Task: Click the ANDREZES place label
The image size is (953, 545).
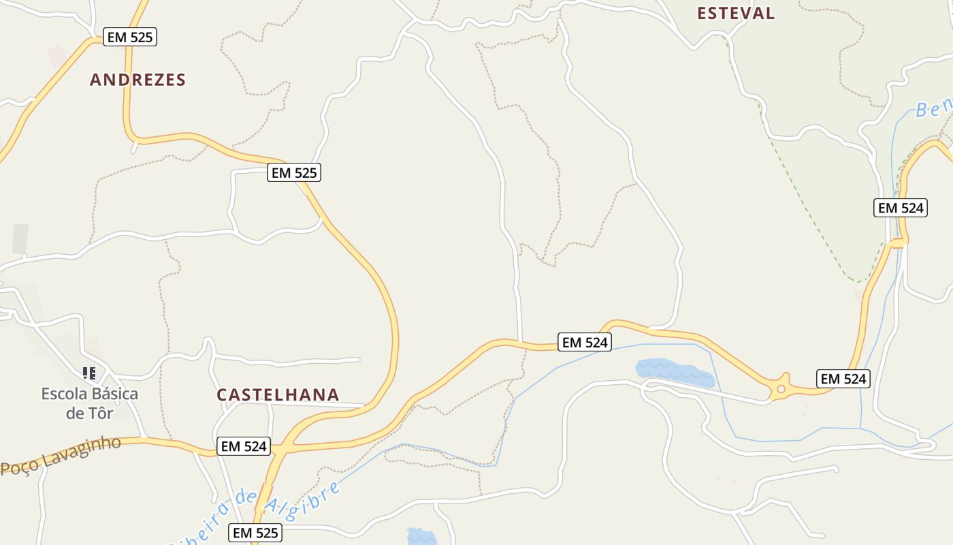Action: click(138, 80)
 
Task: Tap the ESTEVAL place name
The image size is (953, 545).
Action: click(736, 13)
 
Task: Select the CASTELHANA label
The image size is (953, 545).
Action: click(278, 395)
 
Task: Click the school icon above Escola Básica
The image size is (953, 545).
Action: click(89, 373)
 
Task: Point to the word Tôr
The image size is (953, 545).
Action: click(99, 414)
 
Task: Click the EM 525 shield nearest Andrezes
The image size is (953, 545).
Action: click(130, 37)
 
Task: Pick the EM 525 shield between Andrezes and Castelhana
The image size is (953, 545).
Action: click(294, 173)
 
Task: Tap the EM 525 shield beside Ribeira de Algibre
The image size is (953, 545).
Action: click(256, 533)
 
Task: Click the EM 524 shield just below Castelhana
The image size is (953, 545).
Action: click(244, 447)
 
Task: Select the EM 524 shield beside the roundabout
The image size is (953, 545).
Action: click(843, 379)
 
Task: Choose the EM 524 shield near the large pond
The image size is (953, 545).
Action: click(584, 342)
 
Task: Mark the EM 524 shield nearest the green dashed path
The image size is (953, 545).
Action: click(901, 208)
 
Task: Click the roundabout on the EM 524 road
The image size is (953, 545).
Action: click(781, 389)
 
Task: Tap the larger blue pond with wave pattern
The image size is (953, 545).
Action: click(674, 373)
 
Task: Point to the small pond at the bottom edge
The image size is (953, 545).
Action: click(422, 537)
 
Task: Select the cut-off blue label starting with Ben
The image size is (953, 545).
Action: click(933, 108)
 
